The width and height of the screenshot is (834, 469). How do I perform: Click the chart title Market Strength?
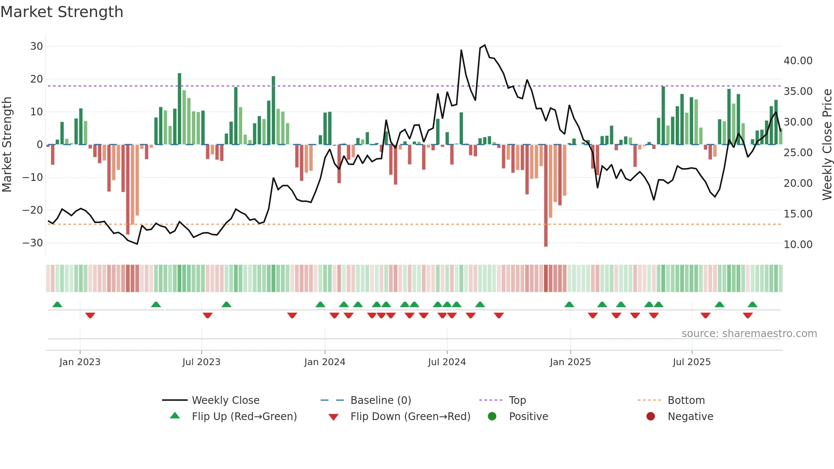pos(62,12)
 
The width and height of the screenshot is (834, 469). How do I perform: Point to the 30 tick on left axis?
pos(37,46)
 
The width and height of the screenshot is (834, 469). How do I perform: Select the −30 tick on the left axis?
pos(33,243)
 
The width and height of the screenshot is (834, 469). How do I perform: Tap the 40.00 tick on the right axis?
pos(798,61)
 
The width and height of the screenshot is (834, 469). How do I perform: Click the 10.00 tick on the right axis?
pos(798,245)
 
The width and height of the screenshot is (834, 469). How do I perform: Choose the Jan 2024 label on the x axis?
pos(325,362)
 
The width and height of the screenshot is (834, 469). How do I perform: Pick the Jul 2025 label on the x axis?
pos(691,362)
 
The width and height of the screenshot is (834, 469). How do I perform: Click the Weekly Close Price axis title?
pos(827,144)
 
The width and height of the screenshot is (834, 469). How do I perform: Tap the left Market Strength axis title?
pos(7,144)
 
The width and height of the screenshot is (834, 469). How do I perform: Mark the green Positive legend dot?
pos(492,417)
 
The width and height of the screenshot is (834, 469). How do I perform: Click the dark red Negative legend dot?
pos(651,417)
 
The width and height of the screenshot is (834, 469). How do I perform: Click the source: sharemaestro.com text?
pos(749,334)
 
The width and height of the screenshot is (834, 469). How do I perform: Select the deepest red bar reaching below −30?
pos(546,196)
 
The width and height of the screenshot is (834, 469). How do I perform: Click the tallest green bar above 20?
pos(180,109)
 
